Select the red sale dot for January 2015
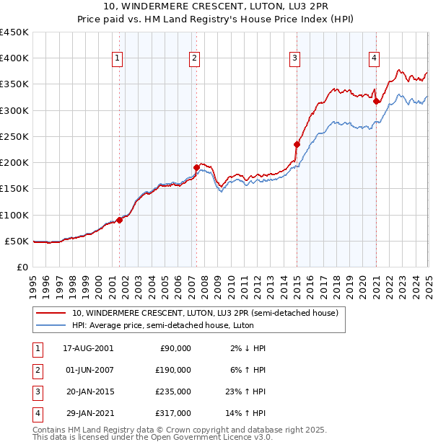[x=297, y=144]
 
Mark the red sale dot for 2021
[x=376, y=102]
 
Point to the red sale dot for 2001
[x=120, y=220]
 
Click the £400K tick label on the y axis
[x=14, y=58]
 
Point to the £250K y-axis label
[x=14, y=136]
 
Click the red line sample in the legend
[x=51, y=313]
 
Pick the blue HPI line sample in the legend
[x=51, y=326]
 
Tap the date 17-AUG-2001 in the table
[x=88, y=348]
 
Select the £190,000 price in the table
[x=174, y=370]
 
